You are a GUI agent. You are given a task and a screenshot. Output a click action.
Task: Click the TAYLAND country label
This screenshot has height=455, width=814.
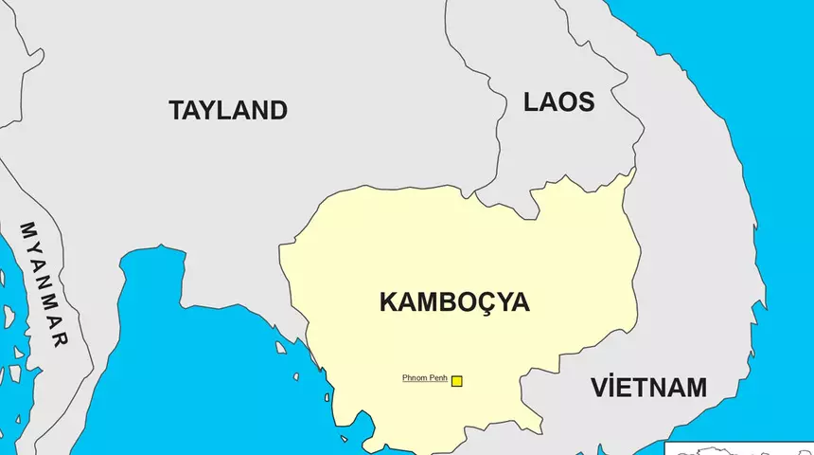[228, 110]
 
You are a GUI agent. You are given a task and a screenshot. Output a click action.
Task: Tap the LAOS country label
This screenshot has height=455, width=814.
[559, 102]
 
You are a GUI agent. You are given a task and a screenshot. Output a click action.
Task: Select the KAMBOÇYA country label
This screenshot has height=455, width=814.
[454, 302]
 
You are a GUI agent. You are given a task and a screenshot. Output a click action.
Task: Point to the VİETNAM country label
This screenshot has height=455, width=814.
[649, 388]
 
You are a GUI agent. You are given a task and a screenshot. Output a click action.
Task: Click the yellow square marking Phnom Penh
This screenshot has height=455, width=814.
[456, 381]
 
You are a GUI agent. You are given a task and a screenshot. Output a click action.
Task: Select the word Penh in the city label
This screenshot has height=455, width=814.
[437, 378]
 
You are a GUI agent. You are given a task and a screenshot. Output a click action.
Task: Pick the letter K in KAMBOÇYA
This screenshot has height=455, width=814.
[389, 302]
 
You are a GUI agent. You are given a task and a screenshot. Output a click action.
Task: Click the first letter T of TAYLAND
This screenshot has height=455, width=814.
[177, 110]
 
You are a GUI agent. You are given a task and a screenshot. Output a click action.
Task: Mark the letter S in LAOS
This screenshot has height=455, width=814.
[586, 102]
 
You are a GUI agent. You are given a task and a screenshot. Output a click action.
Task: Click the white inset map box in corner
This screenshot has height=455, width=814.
[739, 448]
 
